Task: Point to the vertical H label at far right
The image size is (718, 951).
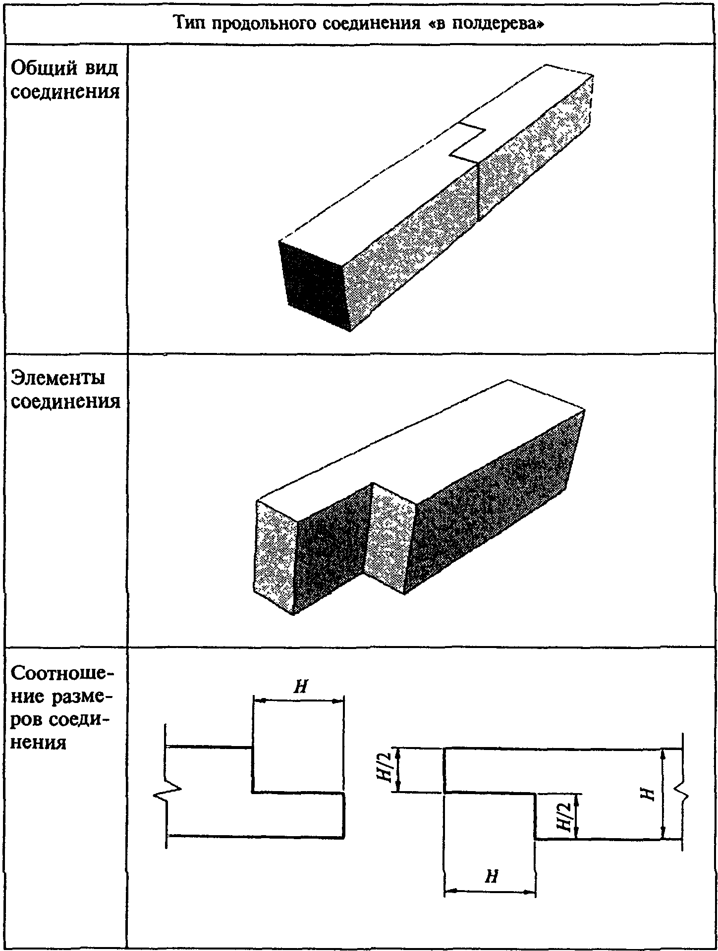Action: [x=648, y=794]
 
